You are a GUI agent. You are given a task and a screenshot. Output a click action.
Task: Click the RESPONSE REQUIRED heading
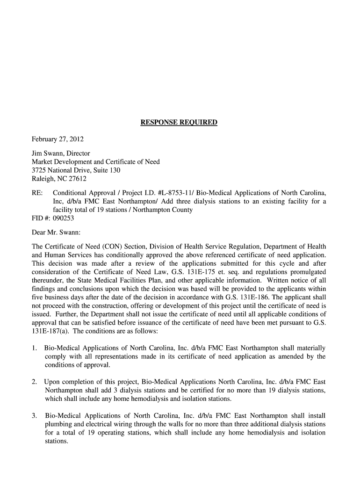[x=179, y=123]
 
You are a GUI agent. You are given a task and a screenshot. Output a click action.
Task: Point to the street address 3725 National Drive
[x=61, y=170]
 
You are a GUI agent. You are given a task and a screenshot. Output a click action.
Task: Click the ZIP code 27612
[x=77, y=179]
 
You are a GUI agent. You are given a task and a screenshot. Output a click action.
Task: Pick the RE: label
[x=37, y=193]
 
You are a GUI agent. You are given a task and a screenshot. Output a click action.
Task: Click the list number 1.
[x=35, y=348]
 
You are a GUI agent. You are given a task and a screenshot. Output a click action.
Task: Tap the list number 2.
[x=35, y=382]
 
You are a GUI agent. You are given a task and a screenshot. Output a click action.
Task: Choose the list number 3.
[x=35, y=416]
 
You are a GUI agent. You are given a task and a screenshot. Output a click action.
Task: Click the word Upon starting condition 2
[x=53, y=382]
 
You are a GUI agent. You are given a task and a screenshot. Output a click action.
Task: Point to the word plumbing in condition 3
[x=58, y=424]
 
